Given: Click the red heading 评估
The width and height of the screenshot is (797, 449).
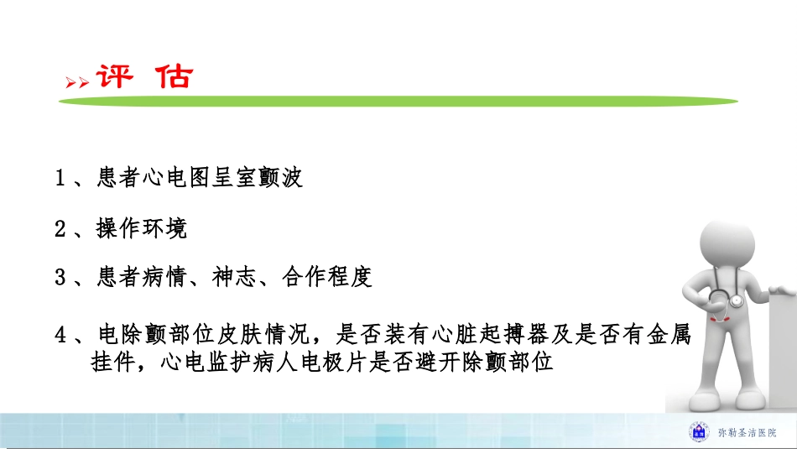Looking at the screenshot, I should (x=145, y=76).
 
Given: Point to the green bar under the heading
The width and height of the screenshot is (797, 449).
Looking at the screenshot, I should (x=398, y=101).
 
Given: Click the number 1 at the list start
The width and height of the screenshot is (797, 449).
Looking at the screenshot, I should (x=60, y=178).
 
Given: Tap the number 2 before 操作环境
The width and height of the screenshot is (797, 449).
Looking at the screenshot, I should (x=60, y=228).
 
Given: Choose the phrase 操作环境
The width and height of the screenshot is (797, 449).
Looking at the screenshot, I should (x=141, y=228).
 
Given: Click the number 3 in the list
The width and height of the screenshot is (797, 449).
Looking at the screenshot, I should (x=60, y=278).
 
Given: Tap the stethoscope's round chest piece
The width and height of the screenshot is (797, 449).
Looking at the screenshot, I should (x=736, y=300).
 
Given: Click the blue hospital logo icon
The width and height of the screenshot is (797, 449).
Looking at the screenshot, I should (x=698, y=431).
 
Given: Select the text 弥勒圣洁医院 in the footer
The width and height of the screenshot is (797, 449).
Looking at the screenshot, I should (x=747, y=432).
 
